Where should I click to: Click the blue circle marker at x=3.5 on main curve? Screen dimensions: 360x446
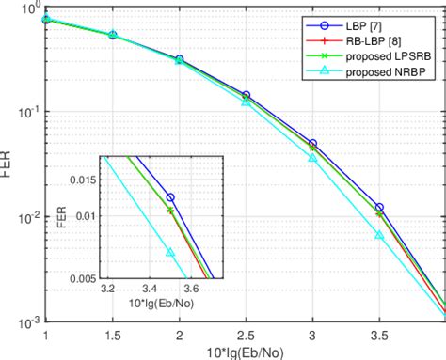379,208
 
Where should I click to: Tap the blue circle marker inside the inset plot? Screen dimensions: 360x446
170,197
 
